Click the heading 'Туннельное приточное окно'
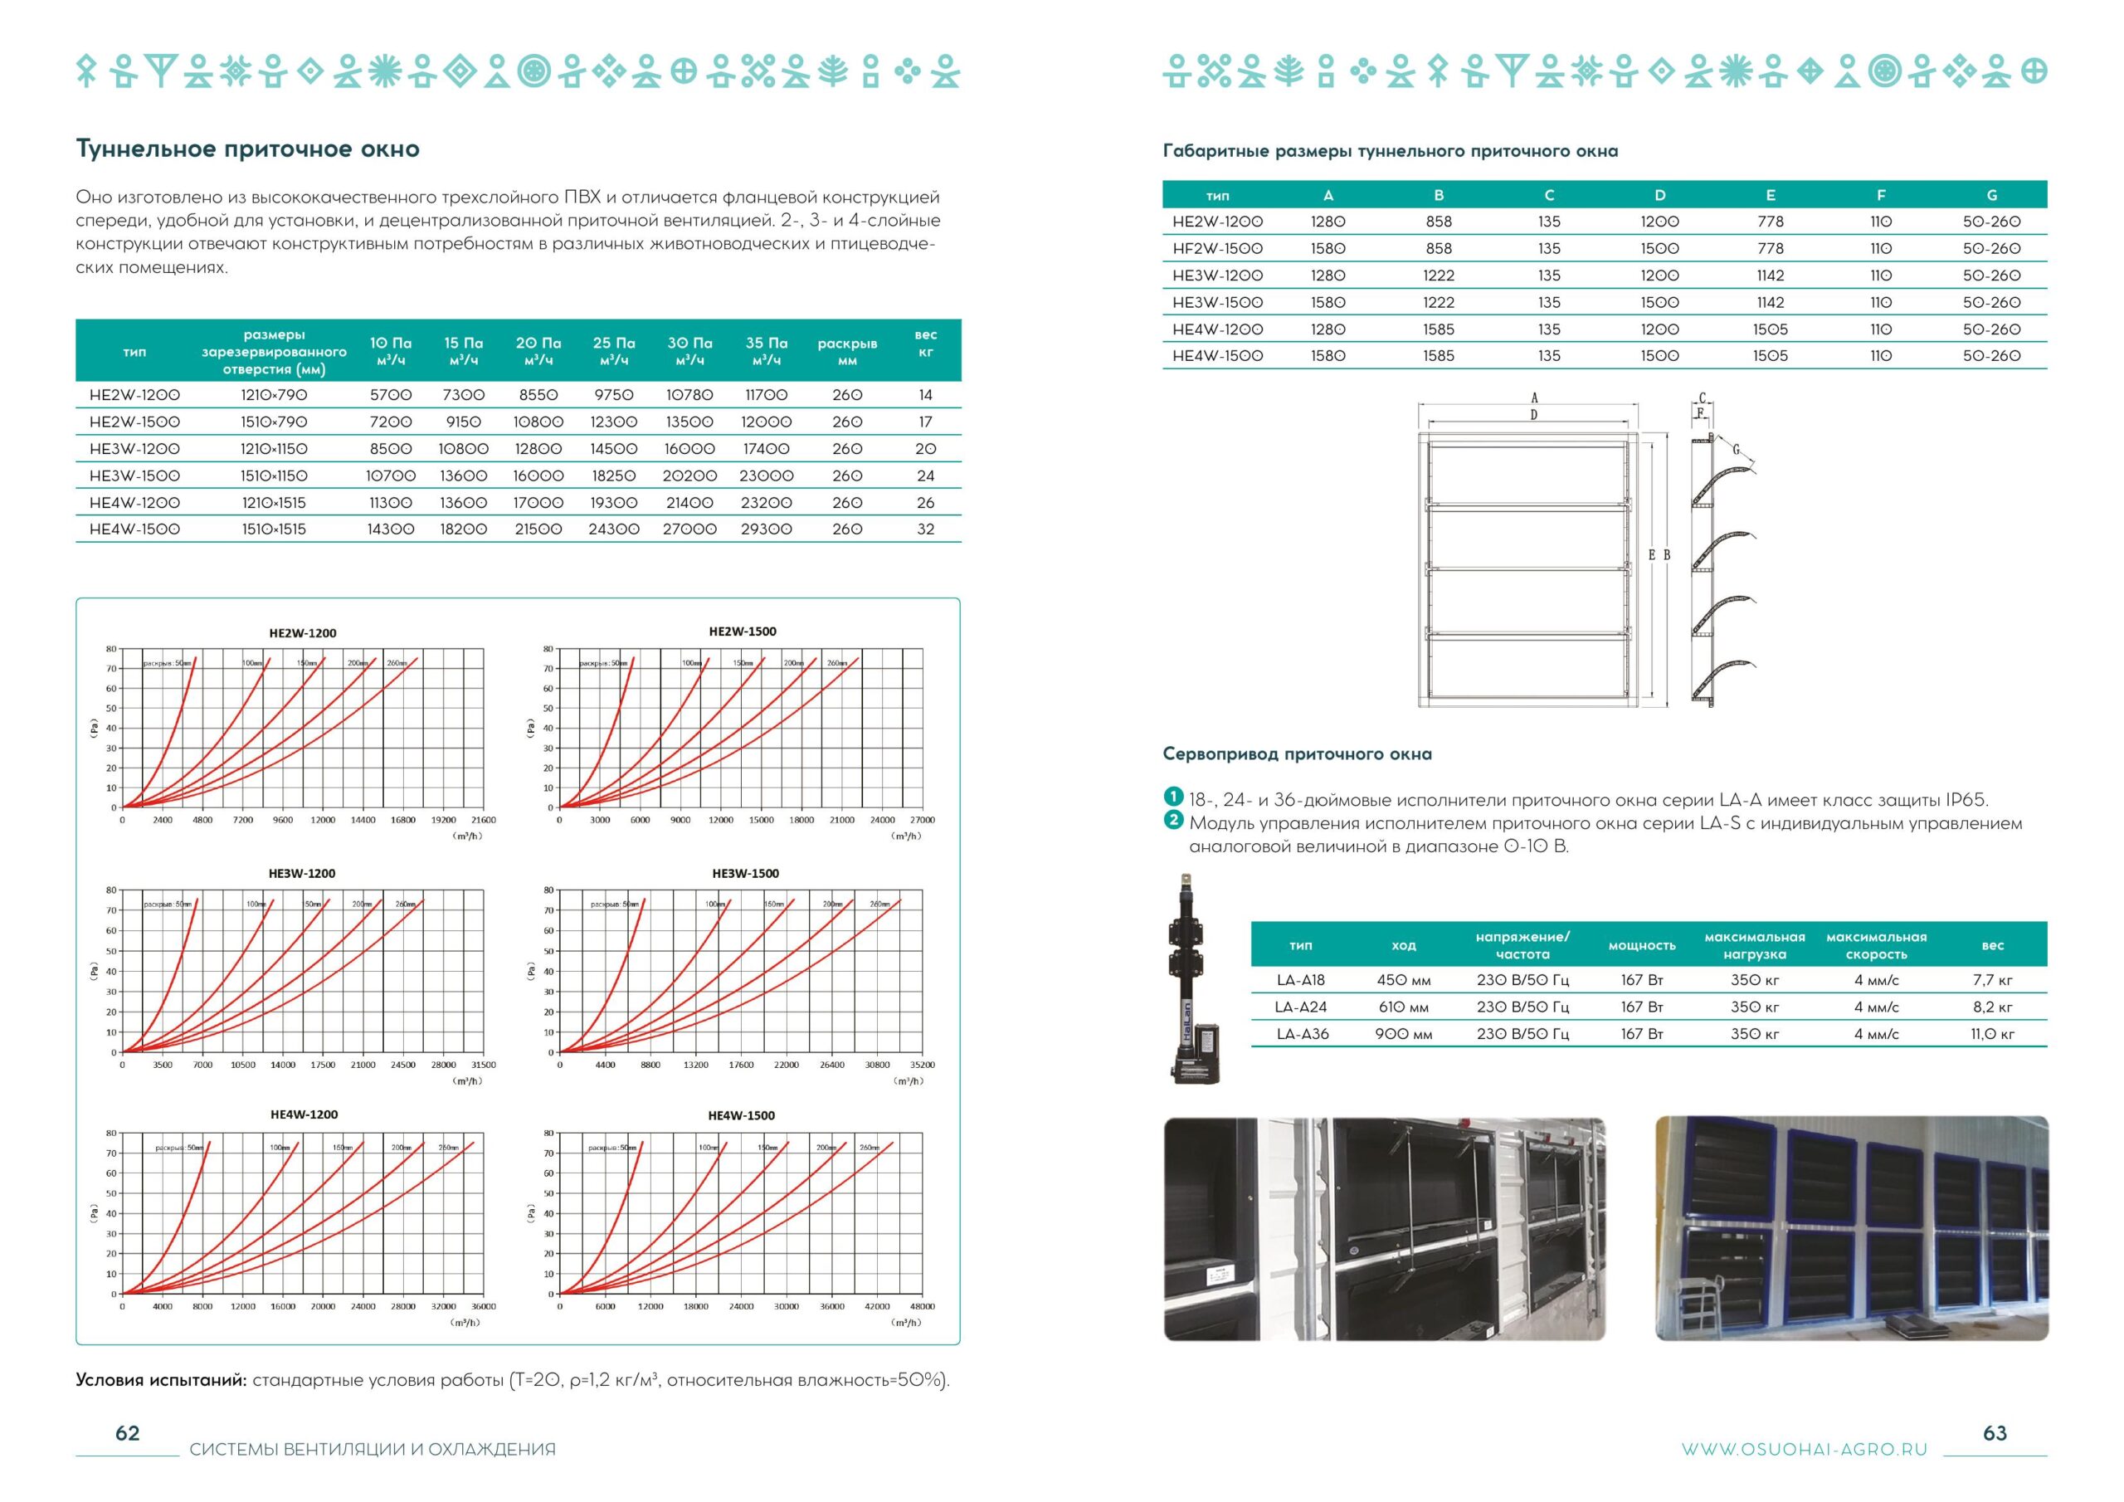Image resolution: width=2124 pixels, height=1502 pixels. tap(247, 149)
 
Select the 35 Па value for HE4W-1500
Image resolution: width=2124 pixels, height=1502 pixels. tap(766, 529)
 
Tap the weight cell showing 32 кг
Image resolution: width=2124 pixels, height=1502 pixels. tap(925, 529)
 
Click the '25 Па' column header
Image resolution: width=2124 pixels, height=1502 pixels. tap(613, 351)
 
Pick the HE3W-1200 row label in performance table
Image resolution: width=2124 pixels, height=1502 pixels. tap(135, 449)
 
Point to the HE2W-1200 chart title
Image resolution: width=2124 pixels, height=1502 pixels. tap(303, 633)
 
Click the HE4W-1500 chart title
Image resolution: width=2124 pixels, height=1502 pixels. tap(741, 1115)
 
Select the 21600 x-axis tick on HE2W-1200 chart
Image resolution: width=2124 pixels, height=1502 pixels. tap(483, 820)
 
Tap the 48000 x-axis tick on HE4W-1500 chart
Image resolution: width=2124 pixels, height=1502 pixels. tap(922, 1307)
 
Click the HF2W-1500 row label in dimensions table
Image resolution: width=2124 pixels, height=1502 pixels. tap(1216, 248)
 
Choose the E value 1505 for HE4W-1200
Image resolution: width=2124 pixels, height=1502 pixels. tap(1770, 329)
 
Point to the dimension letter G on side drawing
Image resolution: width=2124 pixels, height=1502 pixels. tap(1736, 451)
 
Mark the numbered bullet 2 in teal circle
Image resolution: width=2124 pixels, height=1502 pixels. tap(1173, 820)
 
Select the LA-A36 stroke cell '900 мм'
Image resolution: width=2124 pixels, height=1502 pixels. tap(1402, 1034)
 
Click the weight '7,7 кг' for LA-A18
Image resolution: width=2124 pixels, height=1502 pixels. tap(1992, 980)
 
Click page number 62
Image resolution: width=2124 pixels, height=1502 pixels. tap(128, 1433)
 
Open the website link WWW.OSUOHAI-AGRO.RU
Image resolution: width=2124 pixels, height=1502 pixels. tap(1804, 1449)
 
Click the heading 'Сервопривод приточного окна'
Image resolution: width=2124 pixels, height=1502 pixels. tap(1297, 754)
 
